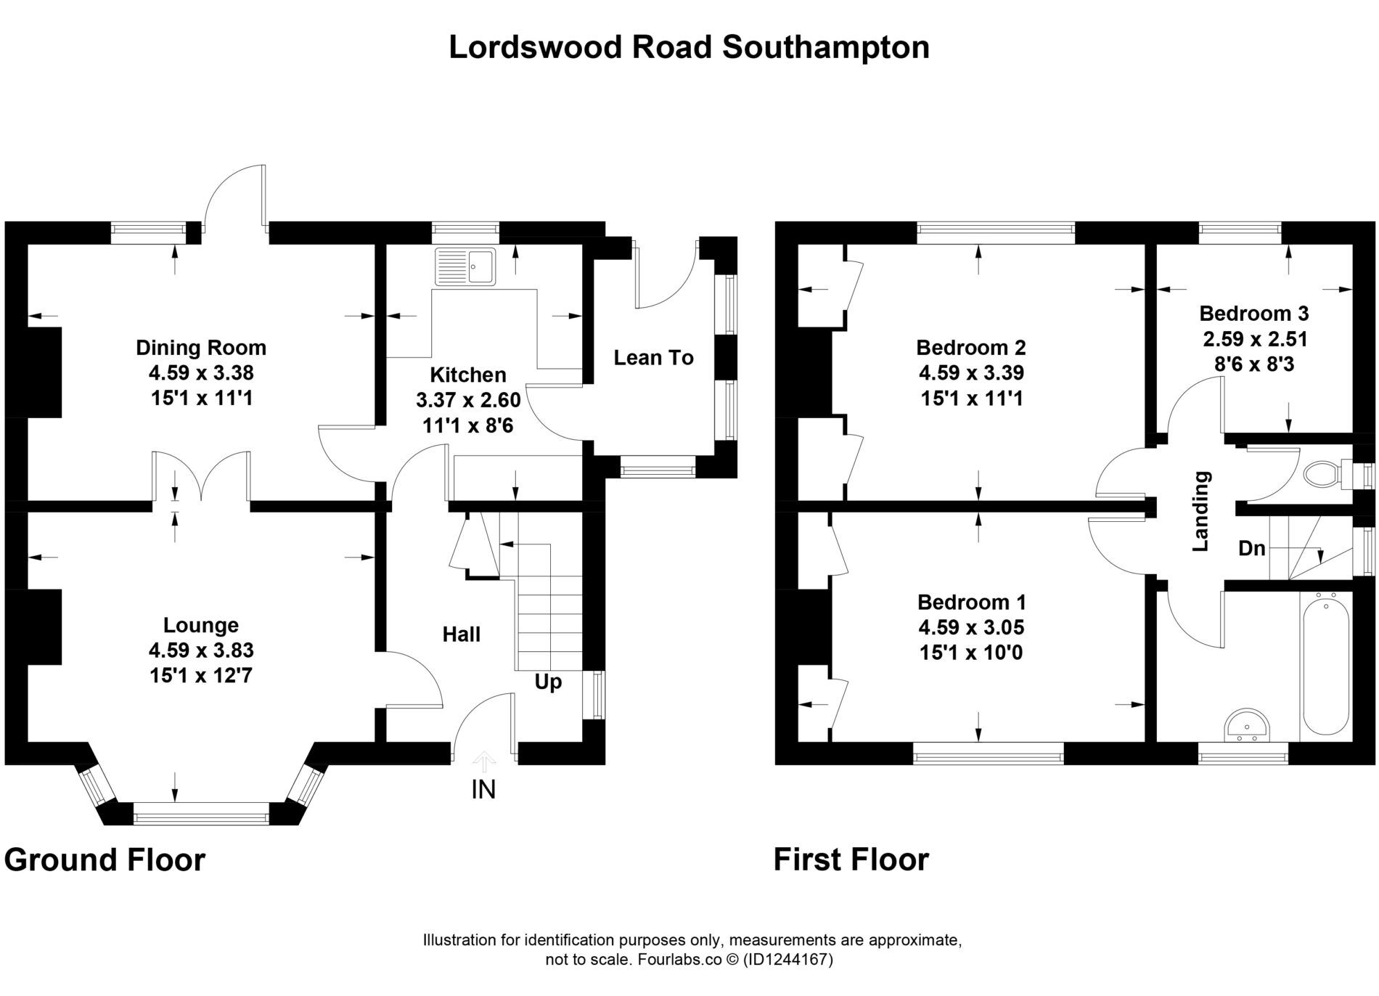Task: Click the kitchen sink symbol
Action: click(x=465, y=266)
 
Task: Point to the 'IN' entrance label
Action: click(x=483, y=789)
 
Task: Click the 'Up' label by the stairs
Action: click(x=548, y=683)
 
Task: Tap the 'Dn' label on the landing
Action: click(x=1251, y=549)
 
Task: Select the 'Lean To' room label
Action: click(x=653, y=357)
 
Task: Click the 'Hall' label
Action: click(x=462, y=634)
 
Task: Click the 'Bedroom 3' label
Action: click(x=1253, y=314)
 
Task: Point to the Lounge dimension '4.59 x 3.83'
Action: click(x=201, y=650)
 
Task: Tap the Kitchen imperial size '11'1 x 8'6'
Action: click(x=468, y=425)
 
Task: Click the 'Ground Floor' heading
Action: click(x=105, y=860)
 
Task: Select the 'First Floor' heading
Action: click(x=851, y=860)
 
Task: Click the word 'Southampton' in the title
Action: click(x=826, y=48)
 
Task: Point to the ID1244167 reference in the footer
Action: click(x=787, y=960)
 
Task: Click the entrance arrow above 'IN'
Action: click(x=484, y=762)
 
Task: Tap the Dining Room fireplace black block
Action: click(x=44, y=372)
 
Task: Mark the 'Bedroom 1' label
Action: click(x=972, y=603)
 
